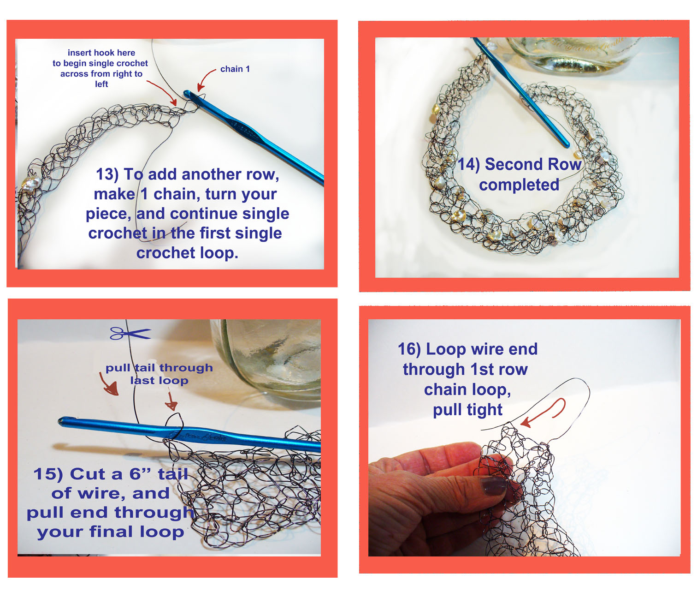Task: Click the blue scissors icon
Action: (130, 334)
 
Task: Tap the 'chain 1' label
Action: (235, 69)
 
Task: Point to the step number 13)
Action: (107, 174)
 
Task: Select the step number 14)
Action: (468, 165)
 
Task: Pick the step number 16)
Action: (409, 349)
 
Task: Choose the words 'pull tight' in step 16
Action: (468, 410)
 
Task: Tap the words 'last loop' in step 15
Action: (159, 381)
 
